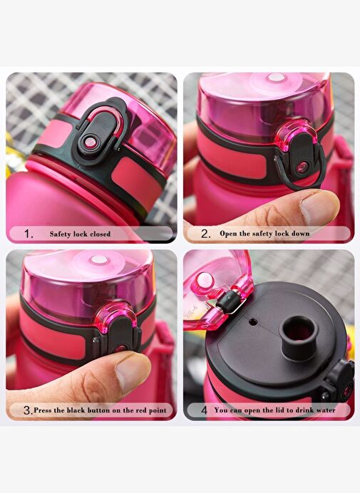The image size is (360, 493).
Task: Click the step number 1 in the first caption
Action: [29, 234]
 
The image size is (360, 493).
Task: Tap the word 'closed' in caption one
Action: [101, 234]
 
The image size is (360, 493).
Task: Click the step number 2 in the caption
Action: [206, 234]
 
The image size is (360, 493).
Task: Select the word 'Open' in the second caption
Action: [228, 234]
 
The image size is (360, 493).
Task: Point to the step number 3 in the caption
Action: [28, 410]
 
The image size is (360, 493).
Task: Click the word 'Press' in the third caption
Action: [43, 410]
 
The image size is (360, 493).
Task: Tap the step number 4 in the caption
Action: [205, 410]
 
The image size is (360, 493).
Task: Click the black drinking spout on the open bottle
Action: [298, 338]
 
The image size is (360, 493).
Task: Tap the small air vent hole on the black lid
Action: [252, 322]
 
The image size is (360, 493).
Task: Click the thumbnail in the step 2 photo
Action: [319, 207]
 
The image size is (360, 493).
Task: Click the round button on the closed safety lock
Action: [91, 142]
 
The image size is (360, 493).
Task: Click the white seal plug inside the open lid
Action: [204, 281]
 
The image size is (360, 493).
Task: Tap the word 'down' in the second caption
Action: [301, 234]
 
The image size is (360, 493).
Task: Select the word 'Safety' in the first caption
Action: [60, 234]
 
